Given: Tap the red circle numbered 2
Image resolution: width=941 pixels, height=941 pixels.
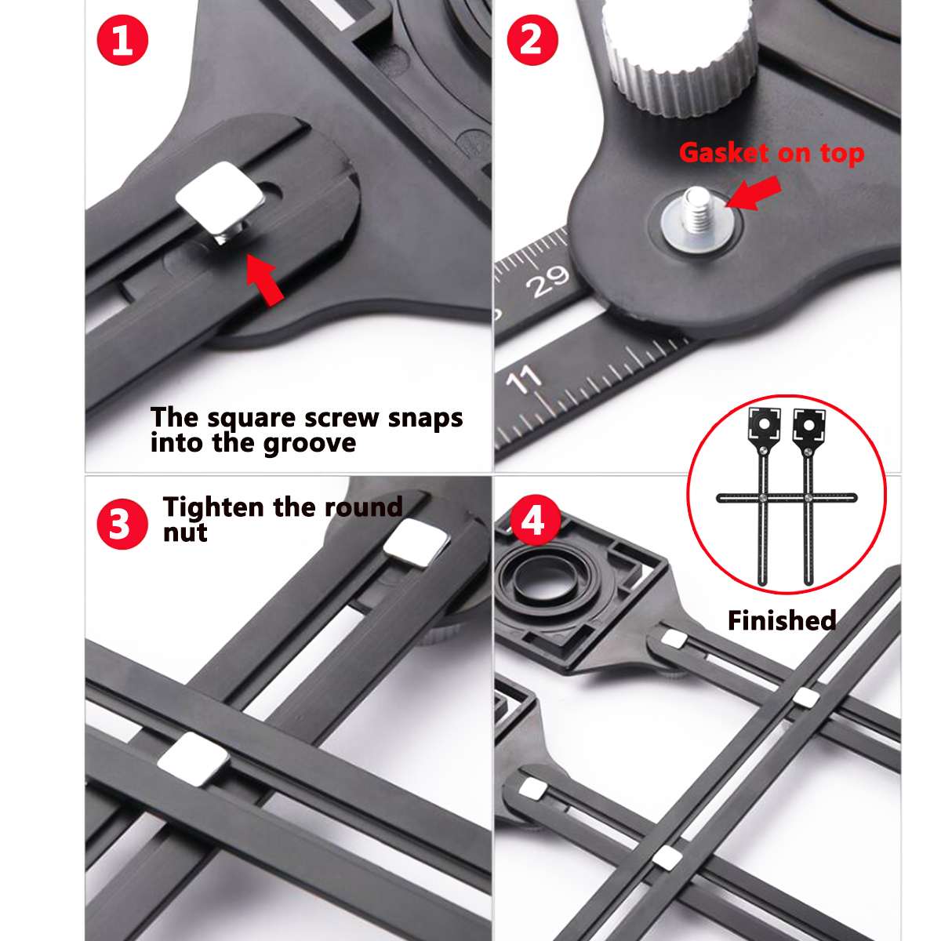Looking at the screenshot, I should pos(532,39).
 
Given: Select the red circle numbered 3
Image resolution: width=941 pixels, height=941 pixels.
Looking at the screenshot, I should pos(122,524).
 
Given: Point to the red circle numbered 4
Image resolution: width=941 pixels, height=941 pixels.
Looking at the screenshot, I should pos(534,520).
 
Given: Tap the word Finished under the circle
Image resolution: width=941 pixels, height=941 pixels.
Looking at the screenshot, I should pos(781,620).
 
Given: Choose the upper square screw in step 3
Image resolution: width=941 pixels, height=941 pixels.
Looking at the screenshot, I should pos(416,543).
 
